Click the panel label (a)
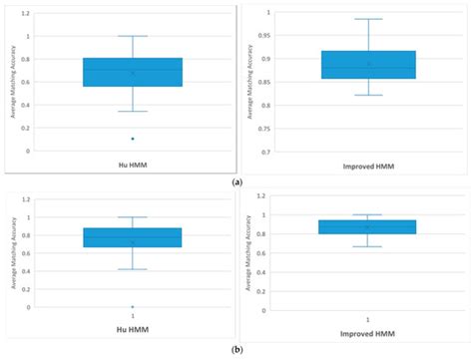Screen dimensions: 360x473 236,181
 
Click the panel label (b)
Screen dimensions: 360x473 236,350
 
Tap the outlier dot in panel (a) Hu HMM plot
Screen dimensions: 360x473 133,139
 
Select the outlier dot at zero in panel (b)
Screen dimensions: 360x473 133,307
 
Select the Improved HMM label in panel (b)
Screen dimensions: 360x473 368,334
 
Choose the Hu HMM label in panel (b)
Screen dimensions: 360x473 133,326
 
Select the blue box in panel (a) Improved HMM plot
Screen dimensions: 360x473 368,64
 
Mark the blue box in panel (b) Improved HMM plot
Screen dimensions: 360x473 368,226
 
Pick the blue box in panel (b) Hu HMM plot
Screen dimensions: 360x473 133,236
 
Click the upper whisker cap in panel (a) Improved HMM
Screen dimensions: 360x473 368,19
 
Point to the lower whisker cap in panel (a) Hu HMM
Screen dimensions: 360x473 133,112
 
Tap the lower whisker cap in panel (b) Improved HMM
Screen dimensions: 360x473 368,246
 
